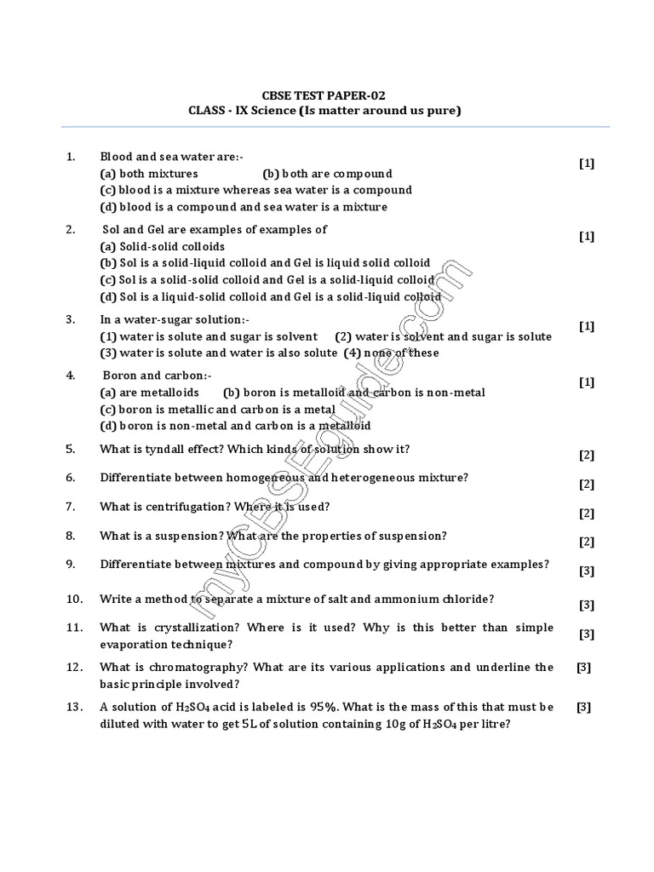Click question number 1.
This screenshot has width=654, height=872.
[x=71, y=157]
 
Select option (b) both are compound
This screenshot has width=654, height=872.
[x=327, y=173]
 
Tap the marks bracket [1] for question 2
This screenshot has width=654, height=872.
[x=586, y=237]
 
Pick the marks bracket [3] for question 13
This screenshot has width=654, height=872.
[x=583, y=706]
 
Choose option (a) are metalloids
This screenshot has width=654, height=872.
[x=149, y=393]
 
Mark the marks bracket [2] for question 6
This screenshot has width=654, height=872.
[x=586, y=485]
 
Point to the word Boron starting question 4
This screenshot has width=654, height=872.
[x=120, y=376]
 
